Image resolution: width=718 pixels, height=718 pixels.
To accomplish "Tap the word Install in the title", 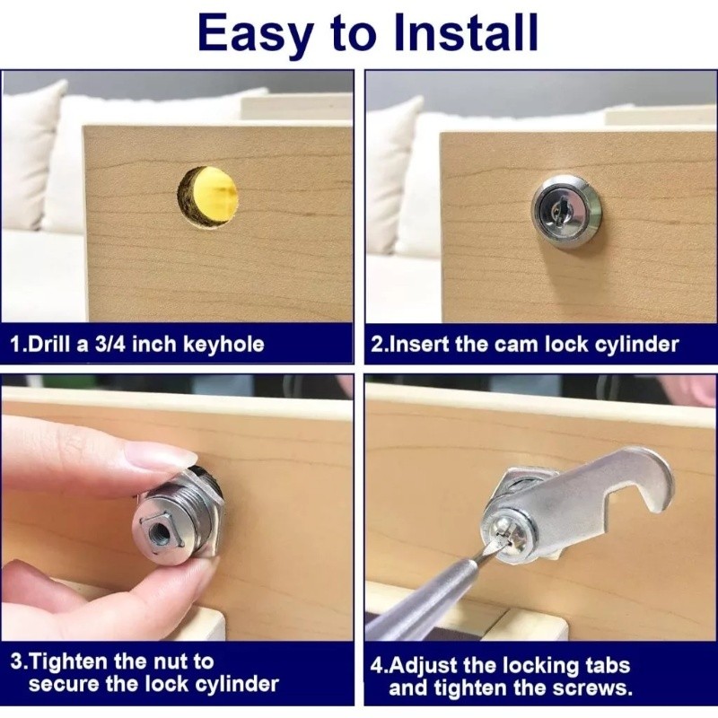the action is click(x=466, y=32).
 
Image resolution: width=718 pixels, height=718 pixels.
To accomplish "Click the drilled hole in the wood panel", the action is click(x=207, y=196).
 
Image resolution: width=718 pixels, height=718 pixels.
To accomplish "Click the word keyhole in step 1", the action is click(x=223, y=345).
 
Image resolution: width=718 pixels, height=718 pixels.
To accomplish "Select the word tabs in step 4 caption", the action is click(x=609, y=665).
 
